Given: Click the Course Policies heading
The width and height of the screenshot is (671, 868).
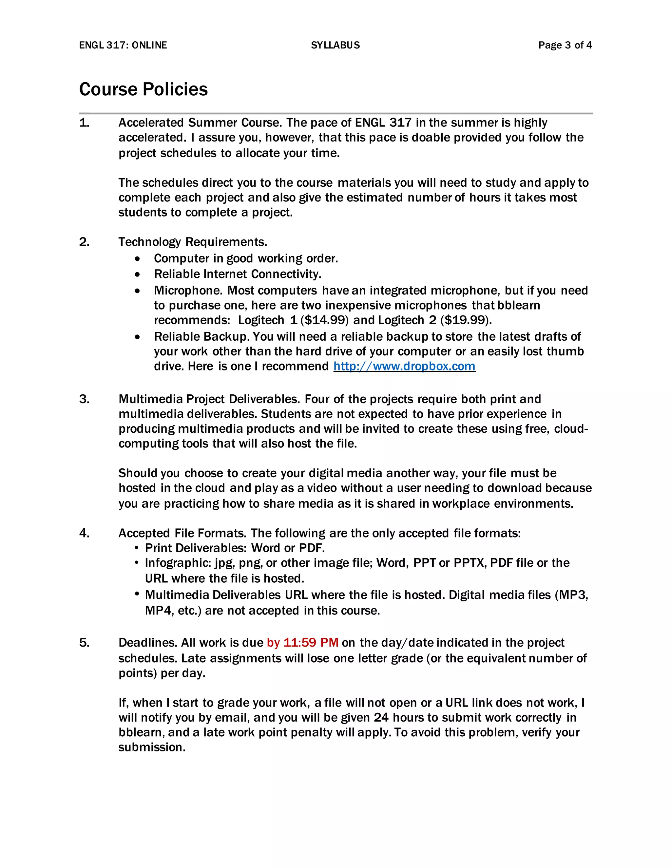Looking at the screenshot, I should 143,89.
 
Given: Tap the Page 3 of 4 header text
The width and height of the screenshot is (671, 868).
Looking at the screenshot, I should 565,45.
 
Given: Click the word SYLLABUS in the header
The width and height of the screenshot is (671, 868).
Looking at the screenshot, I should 335,45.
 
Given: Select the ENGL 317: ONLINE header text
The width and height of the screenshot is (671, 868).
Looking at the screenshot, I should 123,45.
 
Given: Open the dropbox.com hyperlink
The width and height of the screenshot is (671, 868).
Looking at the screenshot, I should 404,366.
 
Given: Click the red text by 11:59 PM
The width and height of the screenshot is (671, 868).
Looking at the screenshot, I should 302,643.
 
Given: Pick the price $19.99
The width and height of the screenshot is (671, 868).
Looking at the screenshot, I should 466,320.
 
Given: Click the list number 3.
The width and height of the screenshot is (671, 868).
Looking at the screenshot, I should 84,399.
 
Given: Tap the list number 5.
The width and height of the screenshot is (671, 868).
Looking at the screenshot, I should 84,643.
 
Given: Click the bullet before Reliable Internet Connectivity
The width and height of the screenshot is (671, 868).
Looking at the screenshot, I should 138,274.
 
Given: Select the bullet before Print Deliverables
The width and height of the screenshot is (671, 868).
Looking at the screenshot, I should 137,548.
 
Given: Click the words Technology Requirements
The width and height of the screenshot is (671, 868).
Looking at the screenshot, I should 193,242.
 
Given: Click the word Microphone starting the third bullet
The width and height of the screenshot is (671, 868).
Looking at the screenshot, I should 188,291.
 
